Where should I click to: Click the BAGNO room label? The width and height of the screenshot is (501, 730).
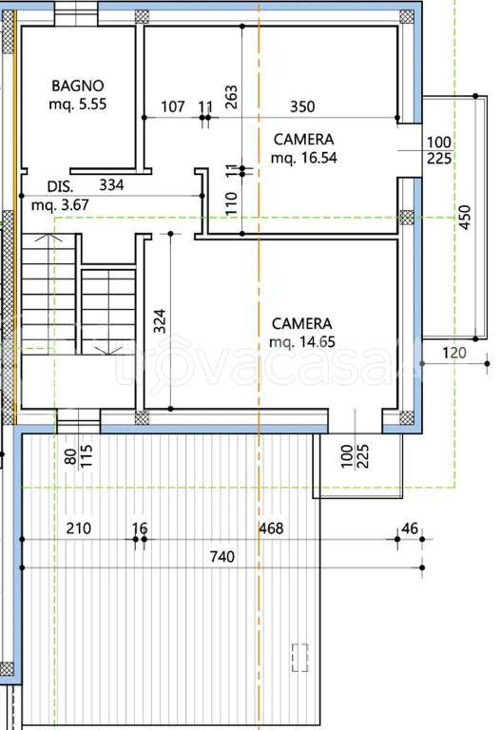pos(78,86)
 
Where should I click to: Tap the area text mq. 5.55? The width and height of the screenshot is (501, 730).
pos(78,104)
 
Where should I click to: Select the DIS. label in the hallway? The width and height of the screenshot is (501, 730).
pos(61,186)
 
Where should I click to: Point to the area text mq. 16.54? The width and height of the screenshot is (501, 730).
pos(304,158)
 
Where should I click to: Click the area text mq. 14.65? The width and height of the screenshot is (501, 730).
pos(302,342)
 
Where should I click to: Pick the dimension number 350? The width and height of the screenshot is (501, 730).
pos(302,106)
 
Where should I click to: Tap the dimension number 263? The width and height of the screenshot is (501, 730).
pos(231,97)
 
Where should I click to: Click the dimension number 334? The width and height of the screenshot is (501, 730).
pos(112,184)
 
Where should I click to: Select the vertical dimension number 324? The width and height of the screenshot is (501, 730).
pos(160,321)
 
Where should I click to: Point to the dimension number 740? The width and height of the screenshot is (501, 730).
pos(222,557)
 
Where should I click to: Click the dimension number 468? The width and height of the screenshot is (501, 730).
pos(271,528)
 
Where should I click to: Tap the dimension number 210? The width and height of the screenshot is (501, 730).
pos(79,528)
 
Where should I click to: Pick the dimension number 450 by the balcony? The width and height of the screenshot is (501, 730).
pos(465,217)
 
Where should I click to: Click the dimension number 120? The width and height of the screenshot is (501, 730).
pos(454,353)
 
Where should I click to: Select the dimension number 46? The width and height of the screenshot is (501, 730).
pos(410,528)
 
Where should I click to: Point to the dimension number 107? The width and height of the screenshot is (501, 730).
pos(173,106)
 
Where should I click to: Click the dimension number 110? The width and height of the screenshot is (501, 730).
pos(231,203)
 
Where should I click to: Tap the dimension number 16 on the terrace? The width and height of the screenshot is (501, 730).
pos(140,528)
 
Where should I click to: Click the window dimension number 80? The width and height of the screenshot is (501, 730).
pos(71,456)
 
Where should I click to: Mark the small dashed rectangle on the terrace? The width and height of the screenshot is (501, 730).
pos(300,658)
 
